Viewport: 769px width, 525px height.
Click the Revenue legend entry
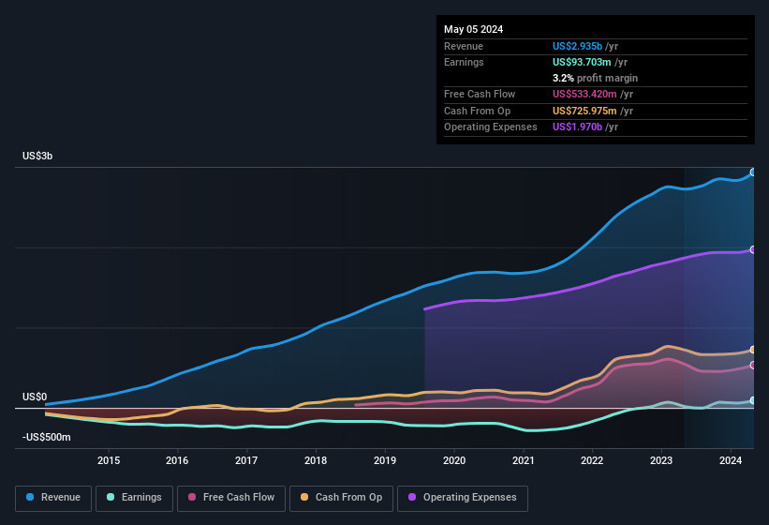53,497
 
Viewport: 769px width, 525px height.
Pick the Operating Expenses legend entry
462,497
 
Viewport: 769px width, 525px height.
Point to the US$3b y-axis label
37,156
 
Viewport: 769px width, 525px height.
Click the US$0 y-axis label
35,397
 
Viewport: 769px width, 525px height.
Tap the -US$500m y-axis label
46,437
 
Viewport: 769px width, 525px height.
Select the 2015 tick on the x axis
109,460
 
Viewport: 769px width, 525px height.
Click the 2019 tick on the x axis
385,460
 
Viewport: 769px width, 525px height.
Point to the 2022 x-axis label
592,460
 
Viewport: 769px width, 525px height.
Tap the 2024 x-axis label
731,460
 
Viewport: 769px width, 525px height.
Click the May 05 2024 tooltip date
473,29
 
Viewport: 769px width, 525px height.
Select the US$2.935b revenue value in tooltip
584,45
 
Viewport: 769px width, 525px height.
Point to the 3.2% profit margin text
595,78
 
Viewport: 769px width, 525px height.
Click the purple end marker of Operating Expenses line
753,249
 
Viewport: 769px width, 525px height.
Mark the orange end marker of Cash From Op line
753,350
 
